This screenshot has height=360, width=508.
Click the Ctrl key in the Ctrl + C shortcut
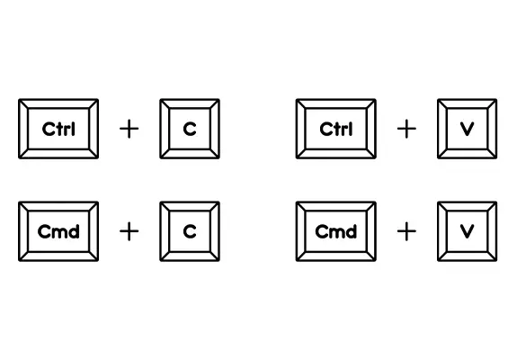[x=58, y=129]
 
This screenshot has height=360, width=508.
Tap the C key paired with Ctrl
[x=190, y=129]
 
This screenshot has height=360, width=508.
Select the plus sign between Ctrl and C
[x=129, y=129]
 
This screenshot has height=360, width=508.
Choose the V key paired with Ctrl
[x=468, y=129]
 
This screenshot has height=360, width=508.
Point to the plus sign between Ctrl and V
[x=406, y=129]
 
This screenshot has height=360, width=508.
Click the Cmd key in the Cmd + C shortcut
[x=58, y=231]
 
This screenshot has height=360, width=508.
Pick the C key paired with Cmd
[x=190, y=231]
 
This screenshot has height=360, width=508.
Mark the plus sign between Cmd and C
[x=129, y=231]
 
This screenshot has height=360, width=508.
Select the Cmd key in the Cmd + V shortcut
[x=336, y=231]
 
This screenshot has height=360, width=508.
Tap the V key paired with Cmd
[x=468, y=231]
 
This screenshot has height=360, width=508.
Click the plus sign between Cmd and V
[x=406, y=231]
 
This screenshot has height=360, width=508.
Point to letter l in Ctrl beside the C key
[x=73, y=129]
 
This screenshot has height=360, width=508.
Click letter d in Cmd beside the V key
[x=352, y=231]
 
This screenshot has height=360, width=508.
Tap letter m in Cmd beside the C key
[x=59, y=233]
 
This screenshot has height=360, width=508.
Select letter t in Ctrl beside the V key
[x=338, y=129]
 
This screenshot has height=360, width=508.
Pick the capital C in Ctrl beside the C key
[x=49, y=129]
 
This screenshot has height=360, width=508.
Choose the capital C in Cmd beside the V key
[x=322, y=231]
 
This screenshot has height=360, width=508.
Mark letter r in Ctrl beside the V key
[x=345, y=130]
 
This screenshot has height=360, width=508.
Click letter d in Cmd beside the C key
[x=74, y=231]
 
